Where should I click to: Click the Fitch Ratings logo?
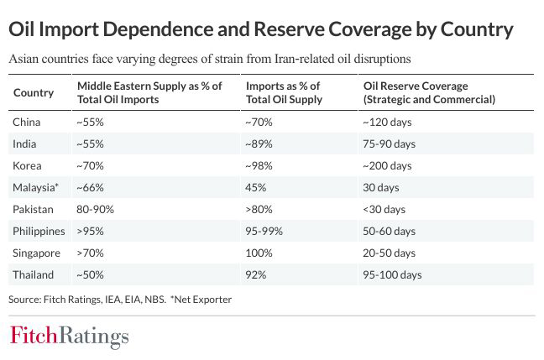point(69,337)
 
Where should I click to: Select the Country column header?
point(34,92)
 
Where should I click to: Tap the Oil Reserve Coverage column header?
point(428,92)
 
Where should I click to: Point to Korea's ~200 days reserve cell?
point(385,165)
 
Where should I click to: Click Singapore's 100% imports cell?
point(258,253)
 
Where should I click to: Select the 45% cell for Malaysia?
point(254,187)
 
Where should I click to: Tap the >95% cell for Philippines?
point(89,231)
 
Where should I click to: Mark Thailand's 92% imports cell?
point(254,274)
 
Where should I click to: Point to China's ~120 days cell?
point(385,122)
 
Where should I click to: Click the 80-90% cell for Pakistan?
point(95,209)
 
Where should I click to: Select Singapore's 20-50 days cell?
point(389,253)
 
